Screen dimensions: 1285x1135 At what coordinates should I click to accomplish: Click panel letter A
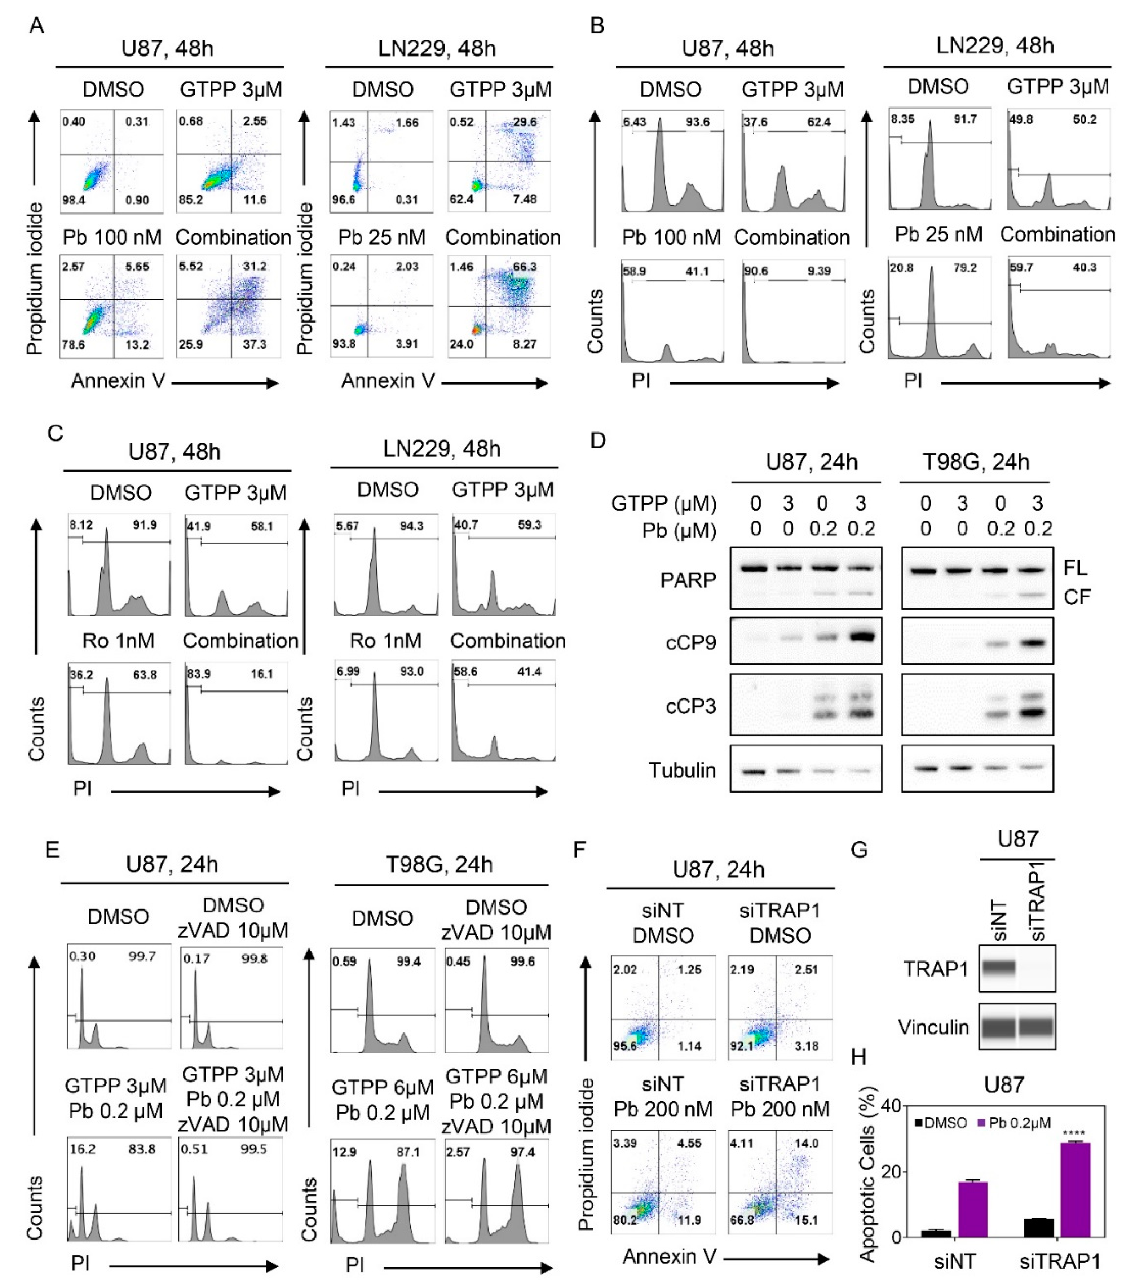click(x=37, y=26)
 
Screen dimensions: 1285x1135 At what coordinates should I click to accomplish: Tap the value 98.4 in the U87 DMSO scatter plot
click(x=74, y=200)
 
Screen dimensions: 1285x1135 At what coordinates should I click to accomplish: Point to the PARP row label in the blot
click(x=688, y=580)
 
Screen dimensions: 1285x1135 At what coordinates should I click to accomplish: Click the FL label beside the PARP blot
click(x=1075, y=568)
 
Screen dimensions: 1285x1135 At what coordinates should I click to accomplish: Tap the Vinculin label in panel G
click(x=933, y=1027)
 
